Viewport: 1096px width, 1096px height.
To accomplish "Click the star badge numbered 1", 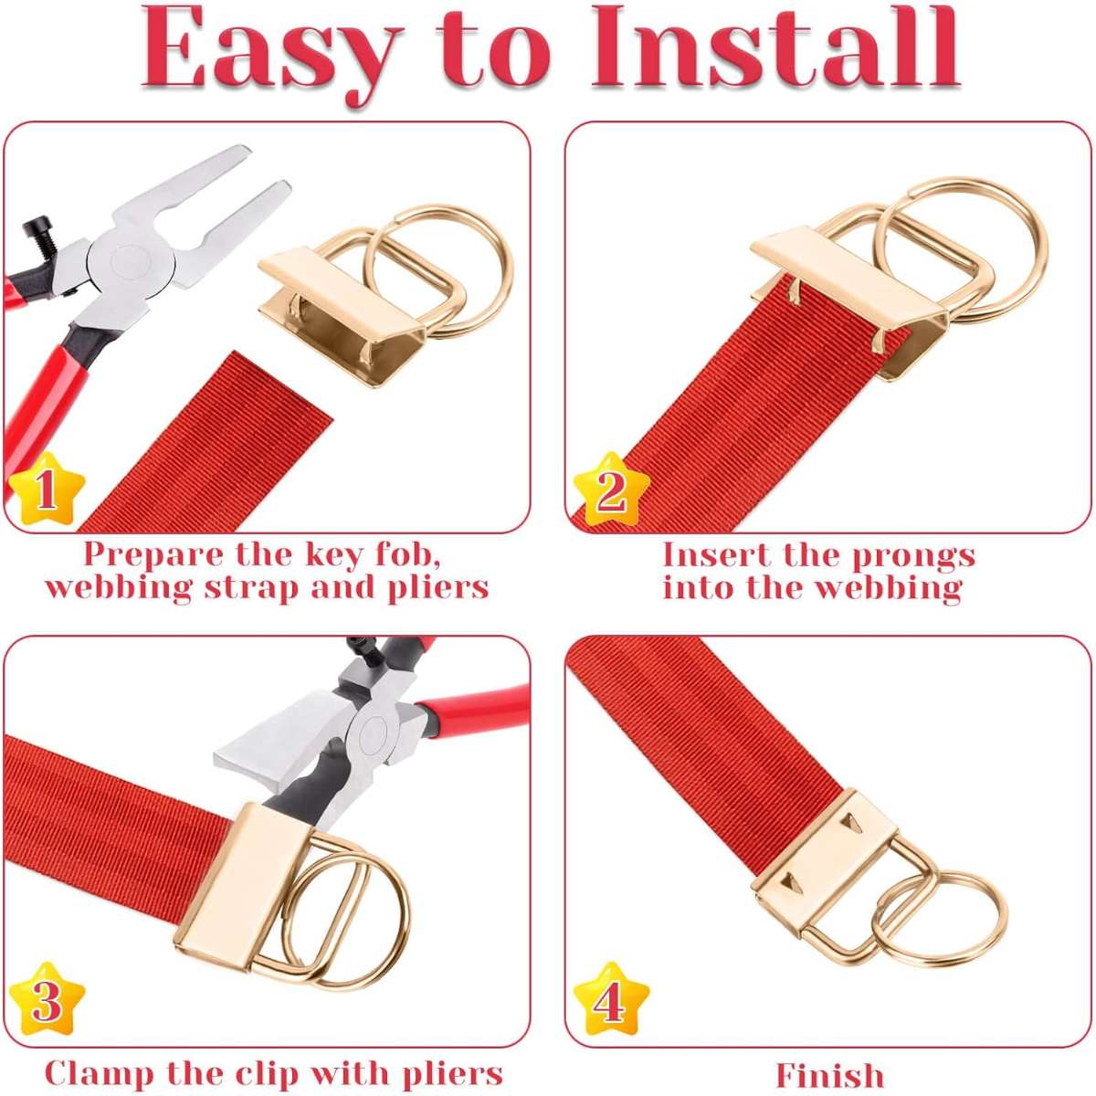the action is point(47,489).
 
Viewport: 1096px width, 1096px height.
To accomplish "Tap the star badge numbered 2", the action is point(611,489).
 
